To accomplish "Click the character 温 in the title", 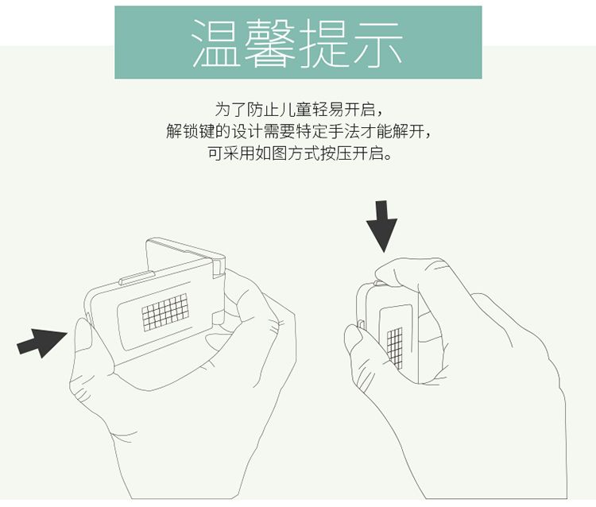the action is (x=216, y=43).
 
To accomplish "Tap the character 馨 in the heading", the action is (x=269, y=43).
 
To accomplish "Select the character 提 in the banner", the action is (x=323, y=43).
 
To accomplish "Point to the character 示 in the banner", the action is (x=377, y=43).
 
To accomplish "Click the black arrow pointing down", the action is (x=381, y=226).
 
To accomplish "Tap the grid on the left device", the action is (x=165, y=312).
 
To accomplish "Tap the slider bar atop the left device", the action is (x=137, y=278).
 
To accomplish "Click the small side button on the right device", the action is (x=361, y=324).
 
